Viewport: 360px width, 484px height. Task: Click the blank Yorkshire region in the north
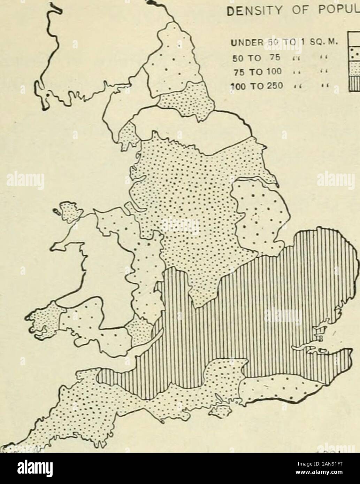tap(195, 129)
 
